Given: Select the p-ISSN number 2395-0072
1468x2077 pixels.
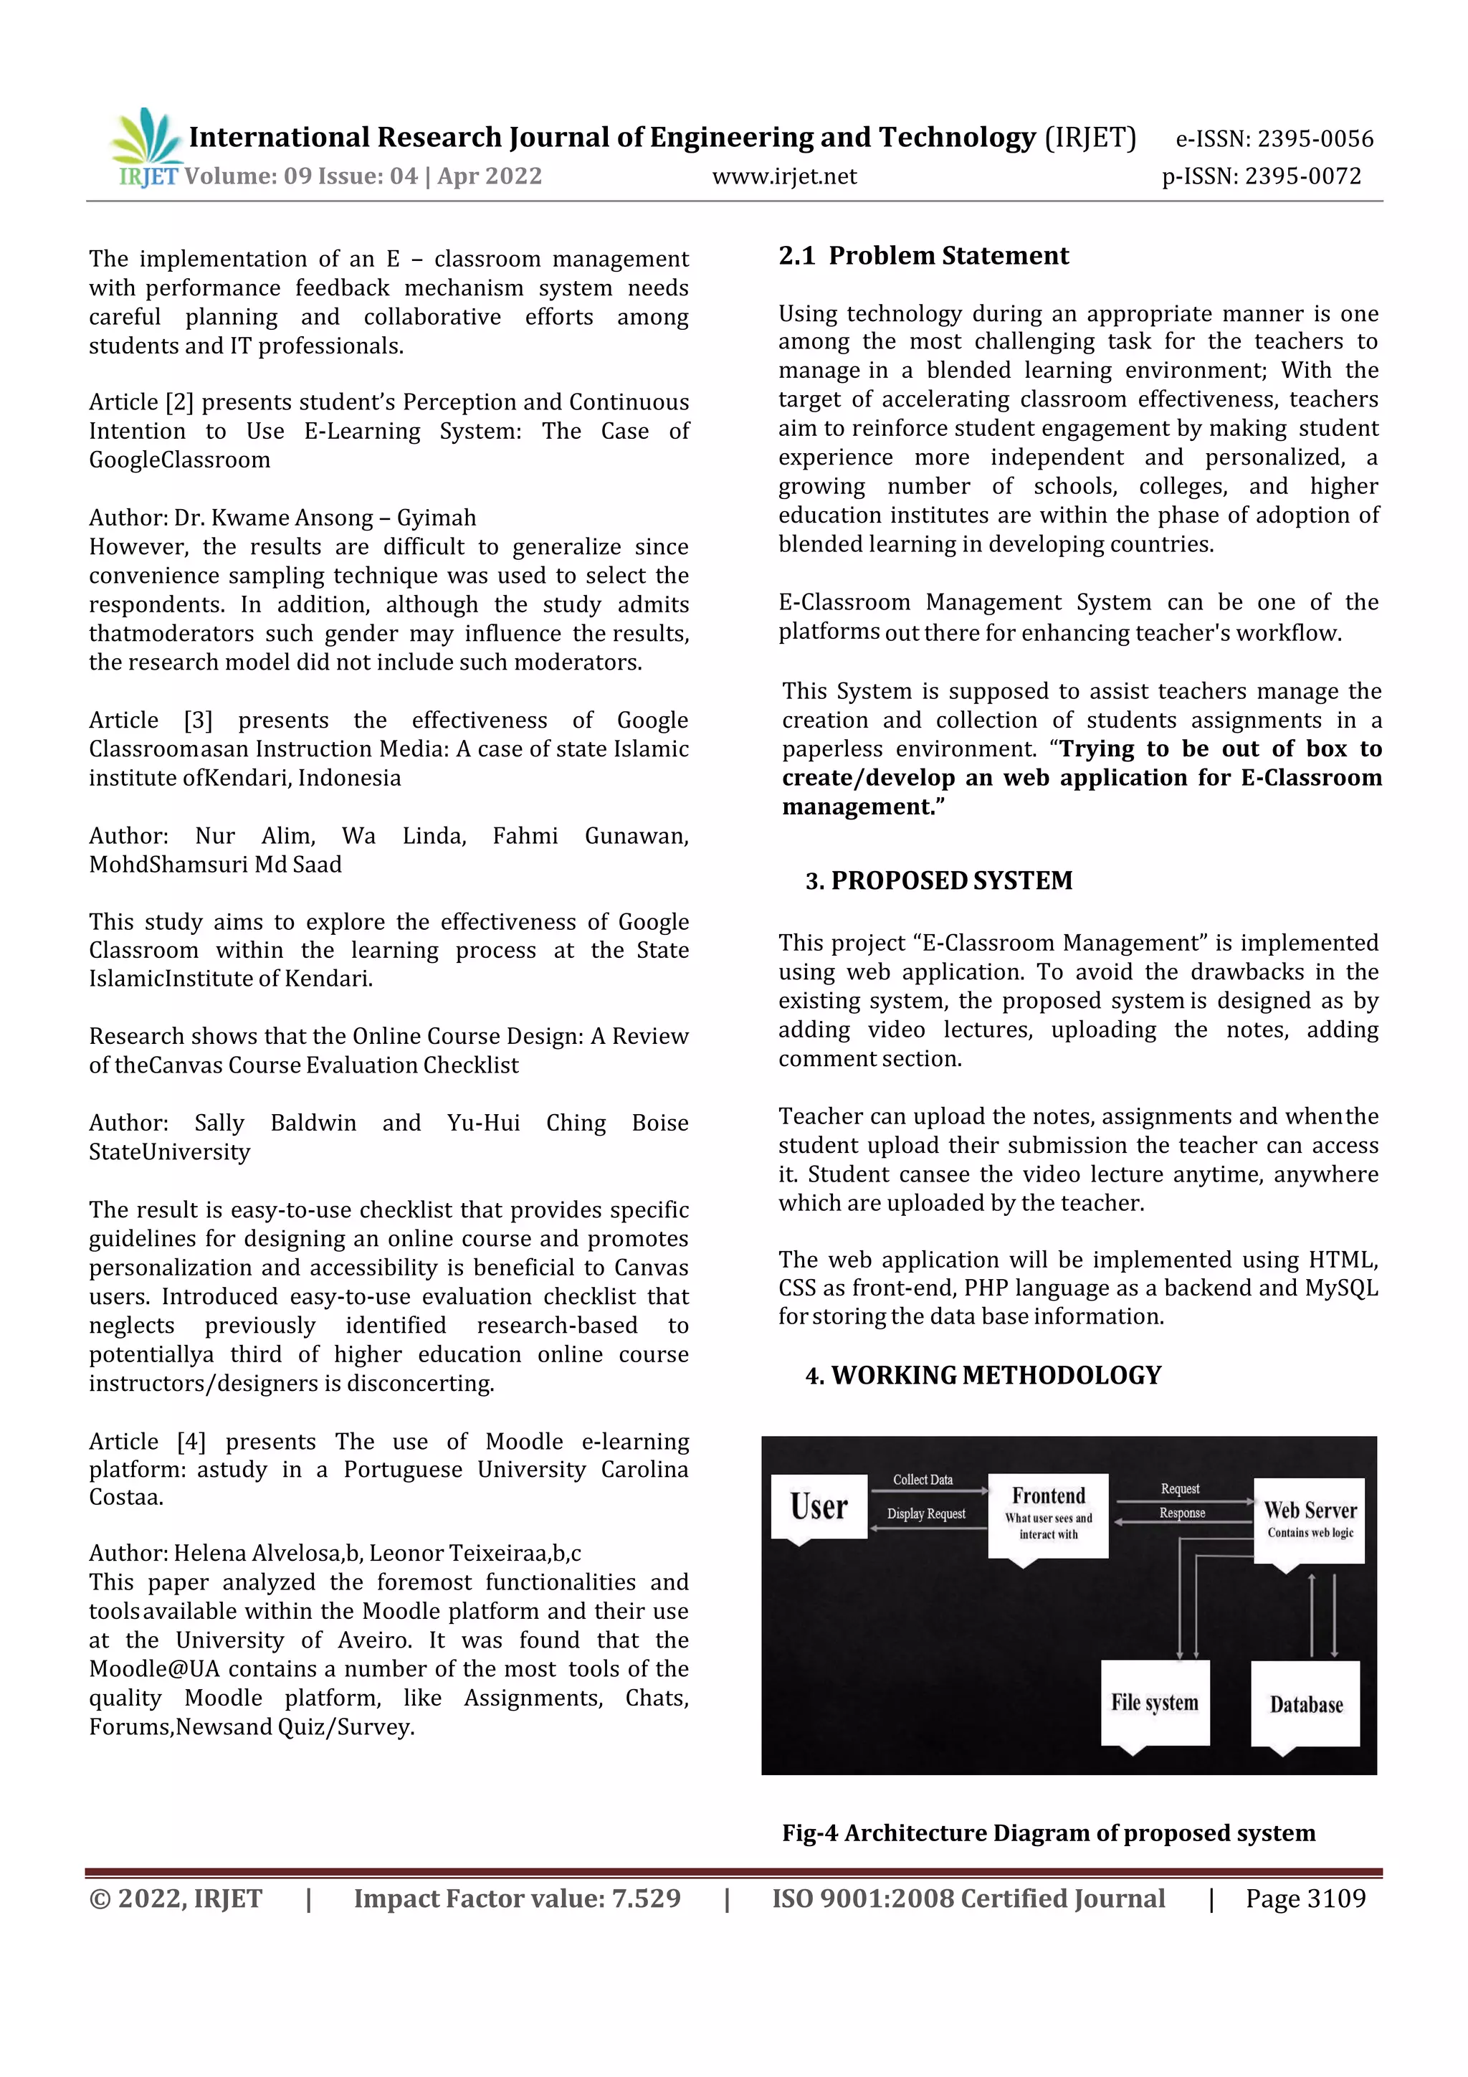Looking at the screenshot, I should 1302,176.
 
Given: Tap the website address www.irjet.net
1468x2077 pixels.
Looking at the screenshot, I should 784,176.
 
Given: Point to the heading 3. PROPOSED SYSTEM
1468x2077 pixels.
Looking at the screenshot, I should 938,880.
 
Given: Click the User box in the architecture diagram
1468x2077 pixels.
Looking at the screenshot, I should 819,1507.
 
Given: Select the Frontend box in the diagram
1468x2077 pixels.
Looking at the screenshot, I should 1047,1514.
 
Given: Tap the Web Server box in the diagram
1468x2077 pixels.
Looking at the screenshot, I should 1309,1520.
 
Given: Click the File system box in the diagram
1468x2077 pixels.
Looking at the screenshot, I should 1154,1703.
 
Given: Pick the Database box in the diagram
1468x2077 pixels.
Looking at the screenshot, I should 1305,1704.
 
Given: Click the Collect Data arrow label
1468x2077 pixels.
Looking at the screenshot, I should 923,1480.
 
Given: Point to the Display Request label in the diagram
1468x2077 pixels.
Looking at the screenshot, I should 925,1514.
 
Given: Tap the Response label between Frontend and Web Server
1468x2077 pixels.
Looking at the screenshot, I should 1181,1513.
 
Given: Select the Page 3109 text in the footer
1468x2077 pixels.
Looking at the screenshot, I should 1305,1898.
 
